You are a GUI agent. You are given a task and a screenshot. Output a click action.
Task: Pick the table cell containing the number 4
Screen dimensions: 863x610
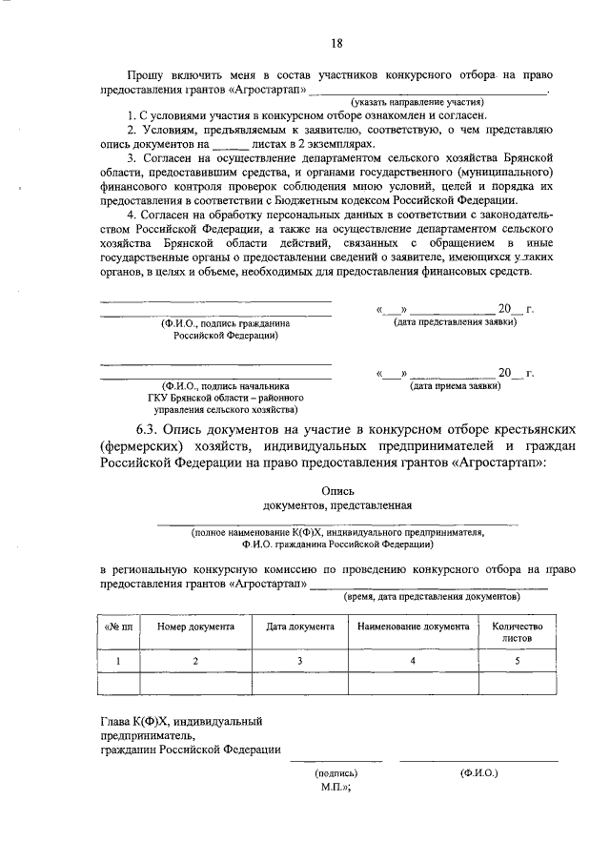pyautogui.click(x=413, y=660)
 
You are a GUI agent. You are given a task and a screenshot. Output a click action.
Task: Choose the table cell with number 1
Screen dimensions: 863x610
pyautogui.click(x=118, y=660)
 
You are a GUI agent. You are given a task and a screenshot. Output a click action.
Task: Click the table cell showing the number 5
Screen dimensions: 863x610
pyautogui.click(x=517, y=660)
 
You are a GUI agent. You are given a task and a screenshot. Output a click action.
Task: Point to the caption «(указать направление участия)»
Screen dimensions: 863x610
pyautogui.click(x=416, y=101)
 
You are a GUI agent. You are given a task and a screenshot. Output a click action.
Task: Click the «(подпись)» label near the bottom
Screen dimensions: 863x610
pyautogui.click(x=335, y=773)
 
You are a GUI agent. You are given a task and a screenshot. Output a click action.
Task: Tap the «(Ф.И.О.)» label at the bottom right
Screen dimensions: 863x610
pyautogui.click(x=478, y=773)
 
